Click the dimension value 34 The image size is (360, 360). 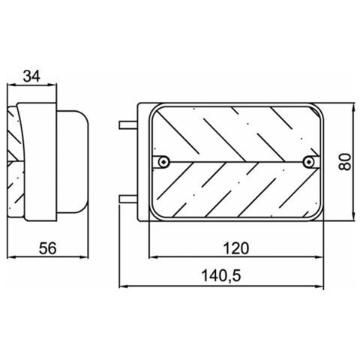pos(31,76)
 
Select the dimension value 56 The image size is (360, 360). pos(47,248)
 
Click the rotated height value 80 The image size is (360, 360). pos(345,160)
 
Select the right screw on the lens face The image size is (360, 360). pos(308,162)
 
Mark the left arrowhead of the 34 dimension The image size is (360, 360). pos(10,85)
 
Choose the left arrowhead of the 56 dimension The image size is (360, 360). pos(10,257)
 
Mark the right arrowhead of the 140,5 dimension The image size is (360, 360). pos(323,285)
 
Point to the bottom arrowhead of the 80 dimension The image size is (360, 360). pos(352,219)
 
